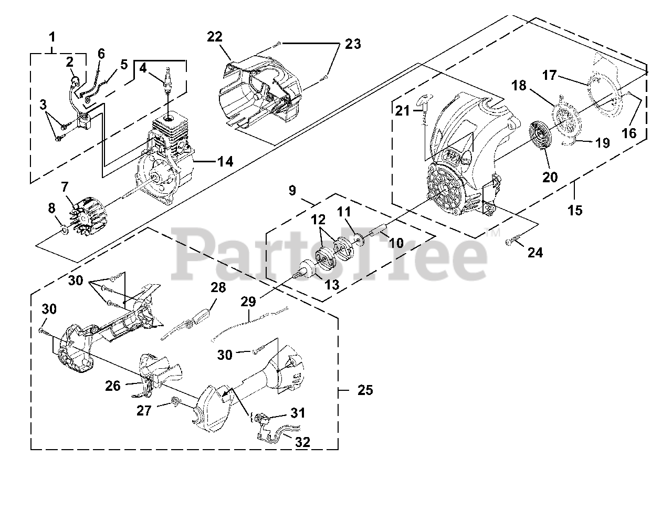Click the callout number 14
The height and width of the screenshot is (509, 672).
(x=225, y=161)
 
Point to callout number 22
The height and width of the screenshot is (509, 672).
(x=215, y=37)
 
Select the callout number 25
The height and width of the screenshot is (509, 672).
(x=365, y=390)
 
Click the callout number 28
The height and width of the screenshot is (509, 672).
(x=218, y=287)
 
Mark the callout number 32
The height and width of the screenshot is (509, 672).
(x=302, y=442)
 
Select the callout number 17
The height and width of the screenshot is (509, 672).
(x=549, y=76)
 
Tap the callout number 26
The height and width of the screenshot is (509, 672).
(x=112, y=386)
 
